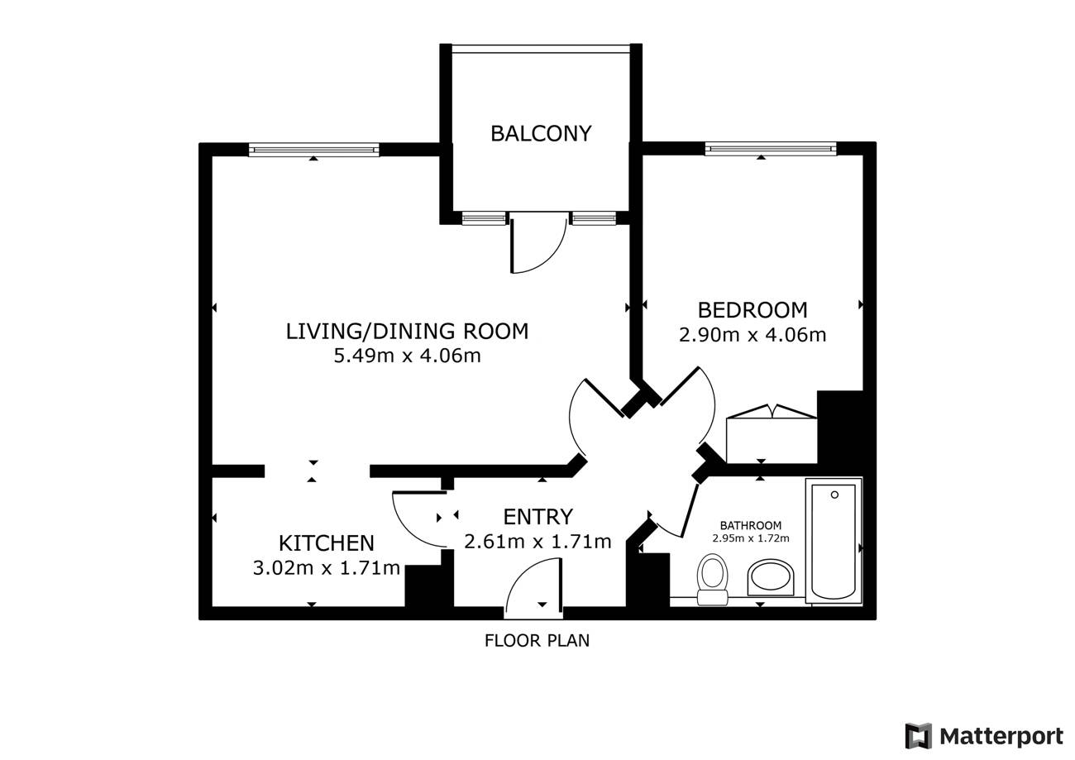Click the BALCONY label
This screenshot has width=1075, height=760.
pyautogui.click(x=541, y=133)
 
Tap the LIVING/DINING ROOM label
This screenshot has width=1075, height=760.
pyautogui.click(x=407, y=332)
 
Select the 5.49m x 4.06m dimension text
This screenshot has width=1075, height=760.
pyautogui.click(x=407, y=356)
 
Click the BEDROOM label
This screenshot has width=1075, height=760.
pyautogui.click(x=752, y=310)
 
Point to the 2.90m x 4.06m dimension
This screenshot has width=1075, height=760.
pyautogui.click(x=752, y=335)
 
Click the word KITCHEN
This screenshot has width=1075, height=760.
pyautogui.click(x=327, y=543)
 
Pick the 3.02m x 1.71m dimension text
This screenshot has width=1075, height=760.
pyautogui.click(x=327, y=568)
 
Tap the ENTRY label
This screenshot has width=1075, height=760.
pyautogui.click(x=538, y=517)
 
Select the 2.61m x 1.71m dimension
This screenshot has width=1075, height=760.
pyautogui.click(x=538, y=542)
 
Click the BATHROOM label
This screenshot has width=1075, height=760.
pyautogui.click(x=751, y=525)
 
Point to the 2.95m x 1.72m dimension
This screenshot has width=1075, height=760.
pyautogui.click(x=751, y=538)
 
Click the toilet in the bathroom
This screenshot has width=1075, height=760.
pyautogui.click(x=712, y=579)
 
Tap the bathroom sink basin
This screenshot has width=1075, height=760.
pyautogui.click(x=771, y=578)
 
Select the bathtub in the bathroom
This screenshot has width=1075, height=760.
pyautogui.click(x=834, y=540)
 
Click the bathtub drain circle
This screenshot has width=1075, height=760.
pyautogui.click(x=834, y=495)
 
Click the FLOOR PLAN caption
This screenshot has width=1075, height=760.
pyautogui.click(x=537, y=641)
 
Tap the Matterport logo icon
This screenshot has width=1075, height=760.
pyautogui.click(x=919, y=735)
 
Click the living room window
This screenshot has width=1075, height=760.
pyautogui.click(x=314, y=150)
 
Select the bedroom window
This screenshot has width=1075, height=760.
pyautogui.click(x=770, y=149)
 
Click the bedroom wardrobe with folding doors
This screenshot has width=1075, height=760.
pyautogui.click(x=772, y=434)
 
